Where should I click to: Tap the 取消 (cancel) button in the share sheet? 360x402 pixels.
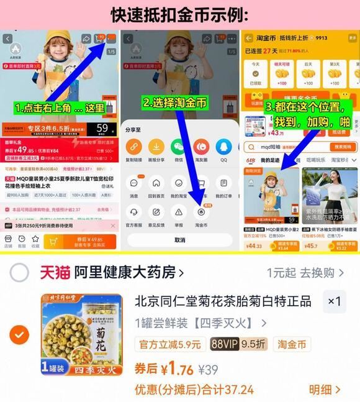tap(179, 240)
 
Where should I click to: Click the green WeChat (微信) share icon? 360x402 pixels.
tap(178, 147)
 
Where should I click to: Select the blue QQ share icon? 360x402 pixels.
tap(223, 147)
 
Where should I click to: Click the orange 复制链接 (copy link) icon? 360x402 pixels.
tap(133, 147)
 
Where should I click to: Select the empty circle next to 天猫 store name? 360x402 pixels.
tap(20, 272)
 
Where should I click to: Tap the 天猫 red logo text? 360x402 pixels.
tap(55, 272)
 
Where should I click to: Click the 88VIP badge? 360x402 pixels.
tap(225, 344)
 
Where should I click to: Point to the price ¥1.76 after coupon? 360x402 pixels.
tap(176, 370)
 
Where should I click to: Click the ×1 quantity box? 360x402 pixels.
tap(334, 302)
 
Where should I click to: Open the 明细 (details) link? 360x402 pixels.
tap(325, 390)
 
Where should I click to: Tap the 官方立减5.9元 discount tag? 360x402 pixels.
tap(169, 344)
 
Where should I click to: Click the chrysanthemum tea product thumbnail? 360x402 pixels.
tap(81, 334)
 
